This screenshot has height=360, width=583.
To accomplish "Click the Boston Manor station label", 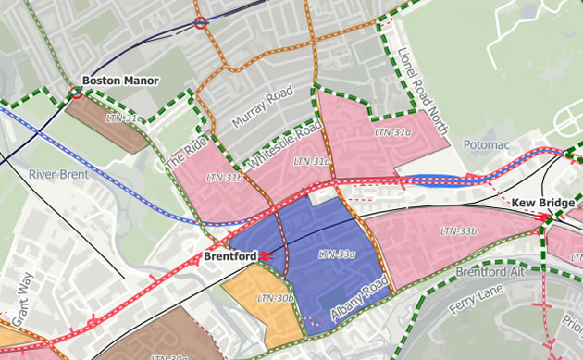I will click(x=120, y=81).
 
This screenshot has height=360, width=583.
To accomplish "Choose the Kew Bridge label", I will click(x=543, y=203).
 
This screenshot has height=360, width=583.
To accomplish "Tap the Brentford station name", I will click(x=229, y=254).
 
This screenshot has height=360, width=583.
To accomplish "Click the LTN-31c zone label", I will click(x=124, y=118).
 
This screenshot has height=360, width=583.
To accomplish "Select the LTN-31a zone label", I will click(x=393, y=133).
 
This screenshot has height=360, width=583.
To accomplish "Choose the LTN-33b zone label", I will click(x=458, y=230).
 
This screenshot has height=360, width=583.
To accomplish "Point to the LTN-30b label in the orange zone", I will click(x=275, y=298).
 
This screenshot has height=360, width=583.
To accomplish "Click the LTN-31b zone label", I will click(x=224, y=176).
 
